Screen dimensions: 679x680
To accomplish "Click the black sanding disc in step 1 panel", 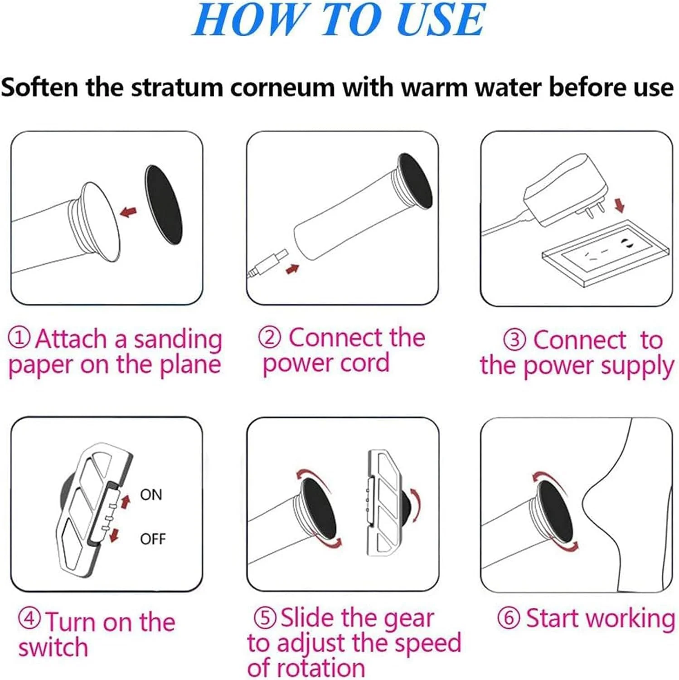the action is click(x=163, y=205).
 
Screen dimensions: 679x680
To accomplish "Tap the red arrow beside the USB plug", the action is click(x=293, y=269).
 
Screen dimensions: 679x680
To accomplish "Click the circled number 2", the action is click(x=270, y=337).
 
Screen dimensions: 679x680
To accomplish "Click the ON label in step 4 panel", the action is click(x=151, y=495).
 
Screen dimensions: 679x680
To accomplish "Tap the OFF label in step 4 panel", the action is click(x=153, y=539).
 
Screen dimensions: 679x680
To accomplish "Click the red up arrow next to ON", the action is click(x=126, y=501).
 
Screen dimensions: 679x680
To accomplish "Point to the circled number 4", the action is click(x=30, y=619).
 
